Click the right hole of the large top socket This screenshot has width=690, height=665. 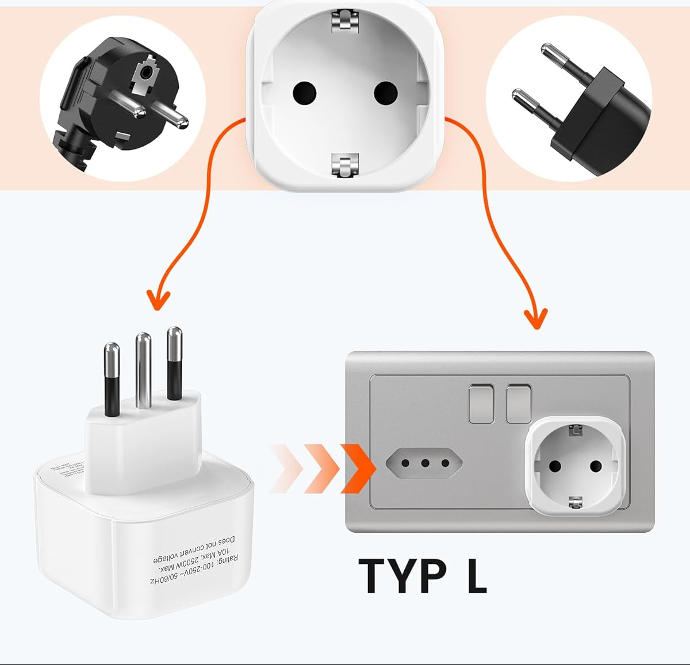385,92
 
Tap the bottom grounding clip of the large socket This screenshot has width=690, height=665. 345,166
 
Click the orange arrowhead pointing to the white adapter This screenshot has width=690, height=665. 158,300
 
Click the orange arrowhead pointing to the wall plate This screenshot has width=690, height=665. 536,318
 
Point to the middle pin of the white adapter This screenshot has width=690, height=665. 143,368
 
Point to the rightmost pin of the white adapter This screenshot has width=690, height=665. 174,362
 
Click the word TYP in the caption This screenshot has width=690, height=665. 402,576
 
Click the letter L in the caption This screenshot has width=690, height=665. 477,576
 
